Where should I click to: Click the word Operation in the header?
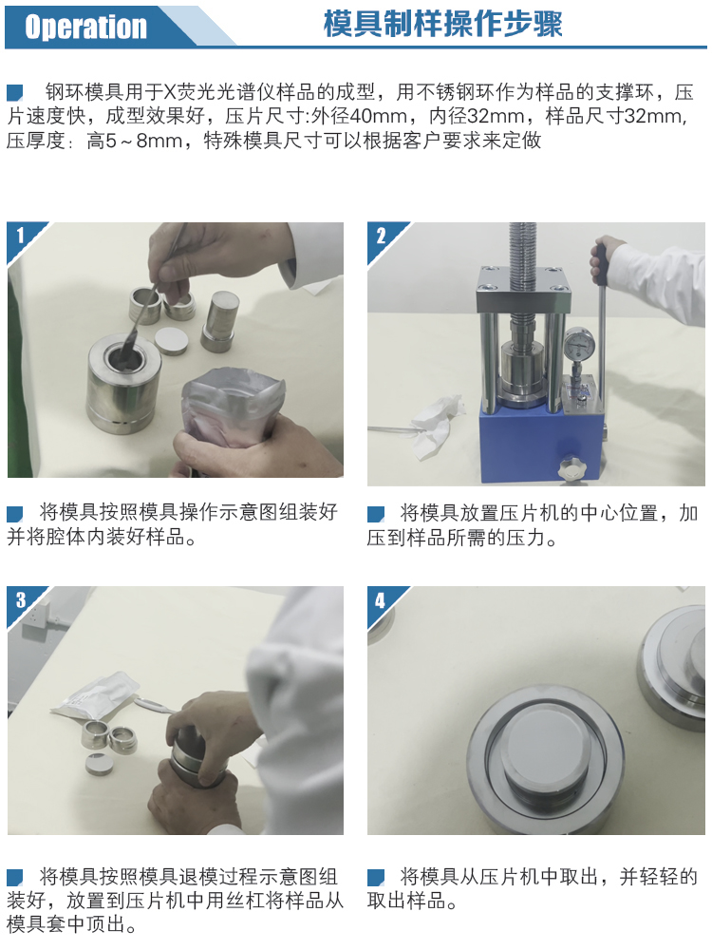point(85,27)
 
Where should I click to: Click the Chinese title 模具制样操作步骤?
point(442,25)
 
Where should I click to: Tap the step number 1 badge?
point(20,235)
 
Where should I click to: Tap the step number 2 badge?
point(381,235)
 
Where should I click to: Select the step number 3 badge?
point(21,599)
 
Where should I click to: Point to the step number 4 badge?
point(381,600)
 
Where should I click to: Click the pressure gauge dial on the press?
point(578,345)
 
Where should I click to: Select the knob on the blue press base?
point(572,468)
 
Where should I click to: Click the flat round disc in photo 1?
point(171,340)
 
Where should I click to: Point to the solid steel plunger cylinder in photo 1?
point(219,320)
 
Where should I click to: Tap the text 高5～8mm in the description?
point(135,141)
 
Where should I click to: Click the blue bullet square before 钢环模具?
point(15,93)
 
